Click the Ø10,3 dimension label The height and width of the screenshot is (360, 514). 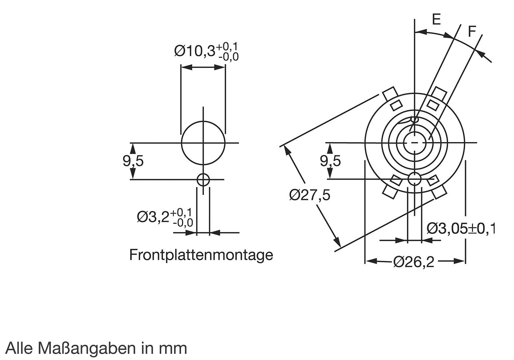[206, 52]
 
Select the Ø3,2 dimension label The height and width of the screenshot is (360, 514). [165, 217]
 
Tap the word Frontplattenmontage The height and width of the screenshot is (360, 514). [201, 255]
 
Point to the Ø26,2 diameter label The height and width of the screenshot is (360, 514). [414, 262]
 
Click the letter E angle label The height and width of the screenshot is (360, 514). [436, 20]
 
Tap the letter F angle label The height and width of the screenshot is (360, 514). [472, 32]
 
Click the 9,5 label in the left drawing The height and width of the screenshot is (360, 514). [133, 161]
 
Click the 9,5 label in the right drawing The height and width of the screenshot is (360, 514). [330, 161]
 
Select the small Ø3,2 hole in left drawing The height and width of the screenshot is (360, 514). [203, 180]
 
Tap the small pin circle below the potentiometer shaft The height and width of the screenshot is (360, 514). [415, 179]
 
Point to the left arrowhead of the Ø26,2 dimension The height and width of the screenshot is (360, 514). [370, 262]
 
